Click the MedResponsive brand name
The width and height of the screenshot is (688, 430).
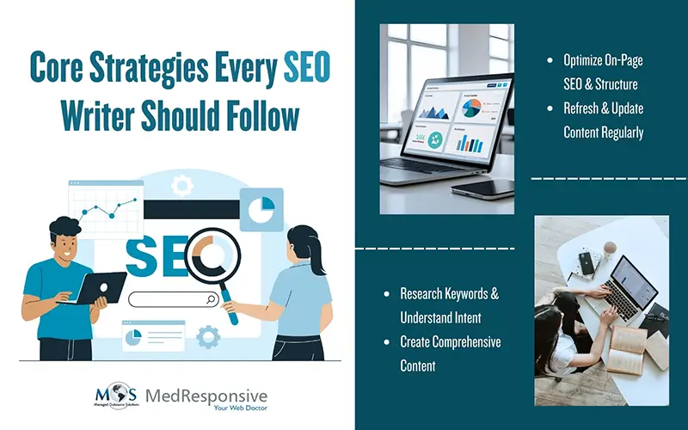[x=206, y=395]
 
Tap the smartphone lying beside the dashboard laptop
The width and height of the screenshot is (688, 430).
[x=482, y=185]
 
